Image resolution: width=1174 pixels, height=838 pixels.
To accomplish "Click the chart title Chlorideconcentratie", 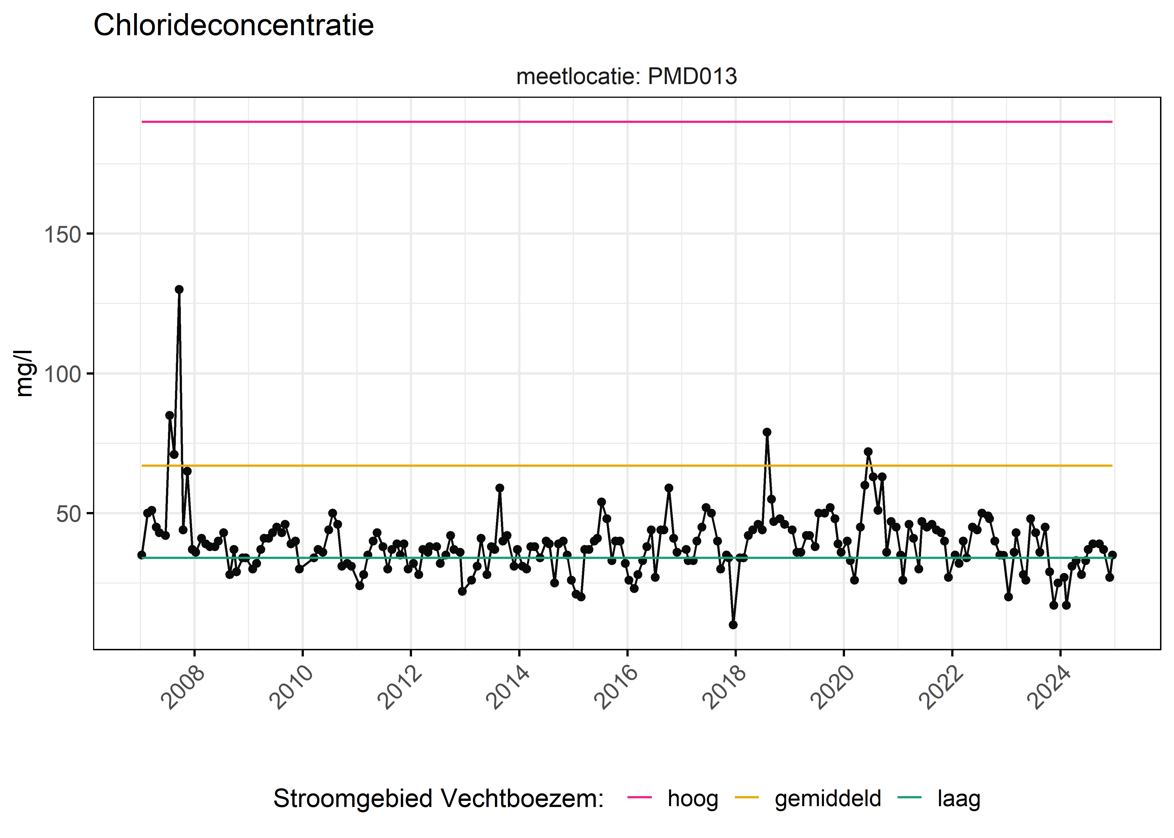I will tap(233, 25).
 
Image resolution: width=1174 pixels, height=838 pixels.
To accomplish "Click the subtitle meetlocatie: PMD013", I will tap(626, 76).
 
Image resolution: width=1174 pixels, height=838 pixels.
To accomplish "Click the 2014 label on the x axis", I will tap(508, 688).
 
